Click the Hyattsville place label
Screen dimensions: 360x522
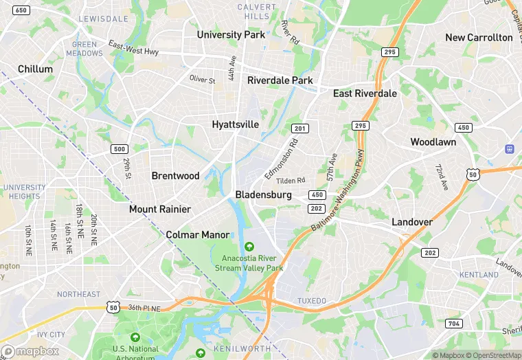click(x=236, y=124)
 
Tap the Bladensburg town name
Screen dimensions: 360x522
click(x=263, y=195)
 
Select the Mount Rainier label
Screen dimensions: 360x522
click(x=160, y=209)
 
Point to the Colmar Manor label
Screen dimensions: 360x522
click(x=198, y=235)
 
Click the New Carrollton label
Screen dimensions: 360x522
click(x=479, y=37)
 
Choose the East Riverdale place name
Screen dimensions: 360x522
click(x=365, y=93)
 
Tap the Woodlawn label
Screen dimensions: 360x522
click(x=433, y=142)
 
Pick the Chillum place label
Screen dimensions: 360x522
click(x=35, y=69)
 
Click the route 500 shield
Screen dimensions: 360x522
click(x=120, y=148)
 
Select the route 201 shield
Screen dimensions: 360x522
click(x=299, y=128)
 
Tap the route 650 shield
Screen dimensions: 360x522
click(x=21, y=10)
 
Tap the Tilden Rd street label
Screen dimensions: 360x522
click(x=291, y=181)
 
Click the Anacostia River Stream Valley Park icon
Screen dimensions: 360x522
click(x=249, y=247)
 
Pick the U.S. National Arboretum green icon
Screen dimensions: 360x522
click(x=135, y=337)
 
